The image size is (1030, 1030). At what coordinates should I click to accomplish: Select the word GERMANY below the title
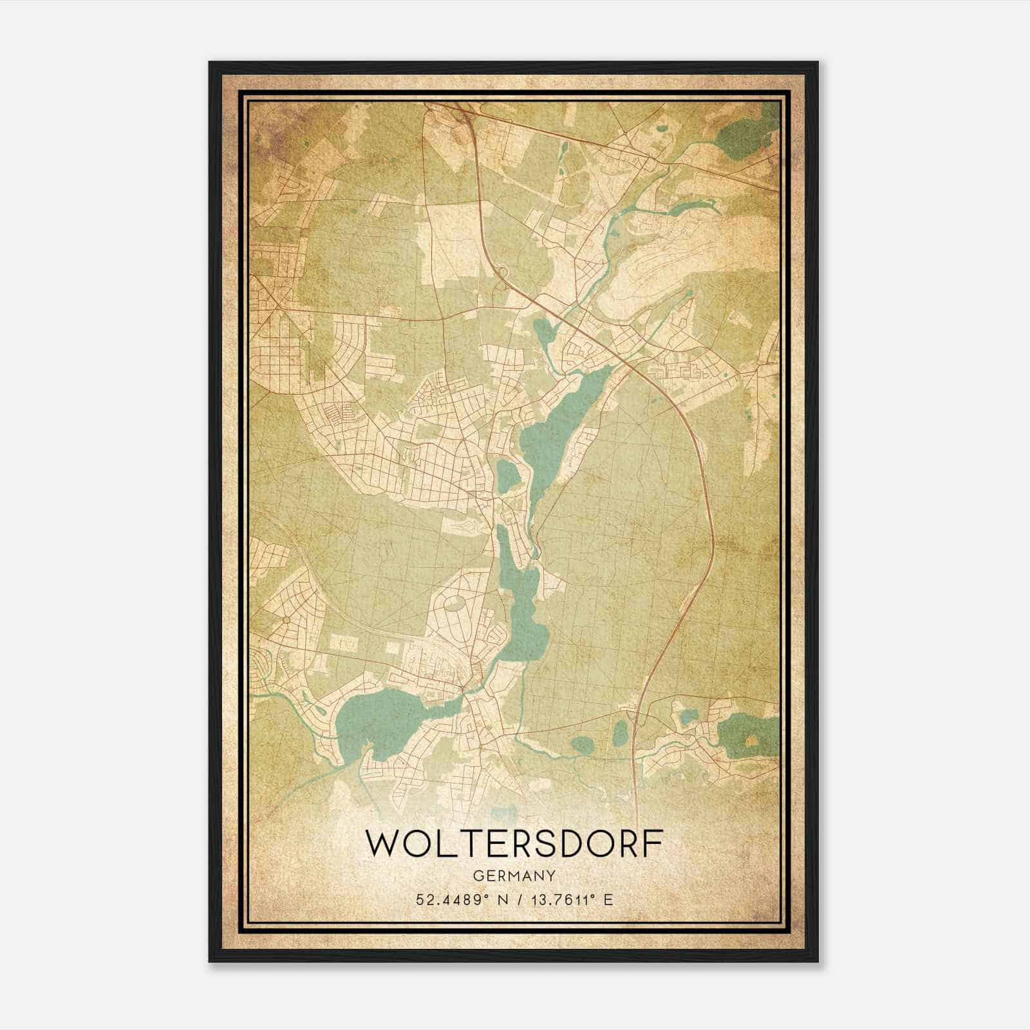[x=514, y=876]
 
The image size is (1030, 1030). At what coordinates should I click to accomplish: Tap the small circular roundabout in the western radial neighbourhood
[x=285, y=619]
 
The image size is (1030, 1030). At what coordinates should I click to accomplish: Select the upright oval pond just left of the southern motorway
[x=621, y=732]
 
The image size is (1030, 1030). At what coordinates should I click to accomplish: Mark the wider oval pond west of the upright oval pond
[x=583, y=745]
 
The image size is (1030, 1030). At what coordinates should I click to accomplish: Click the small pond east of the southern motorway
[x=689, y=716]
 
